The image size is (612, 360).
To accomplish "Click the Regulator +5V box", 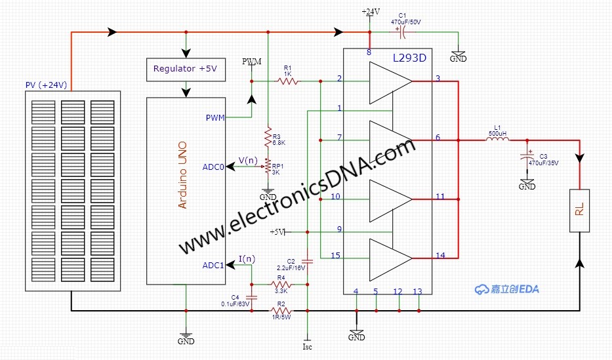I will coord(185,68).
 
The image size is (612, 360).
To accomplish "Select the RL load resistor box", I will coord(579,210).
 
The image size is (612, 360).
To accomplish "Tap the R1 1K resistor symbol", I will coord(287,81).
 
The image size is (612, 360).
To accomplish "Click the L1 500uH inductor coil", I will coord(497,140).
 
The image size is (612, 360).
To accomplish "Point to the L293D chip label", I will coord(409,58).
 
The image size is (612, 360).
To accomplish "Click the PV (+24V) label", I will coord(47,85).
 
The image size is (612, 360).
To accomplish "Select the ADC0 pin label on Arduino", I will coord(213,167).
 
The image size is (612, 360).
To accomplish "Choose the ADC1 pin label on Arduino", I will coord(213,265).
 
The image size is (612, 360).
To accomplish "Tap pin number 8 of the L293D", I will coord(369,52).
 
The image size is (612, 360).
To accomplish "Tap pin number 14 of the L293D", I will coord(439,255).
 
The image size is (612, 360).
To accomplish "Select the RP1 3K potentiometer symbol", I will coord(268,167).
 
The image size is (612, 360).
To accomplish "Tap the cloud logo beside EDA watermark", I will coord(482,289).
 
